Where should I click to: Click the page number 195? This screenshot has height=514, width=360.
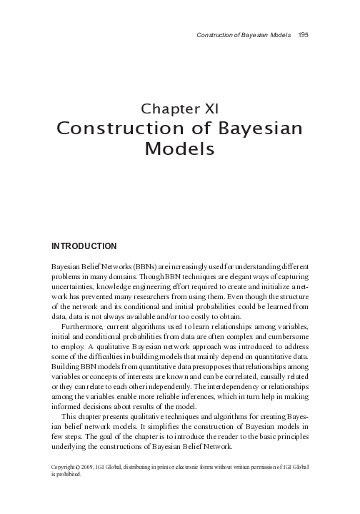(x=303, y=35)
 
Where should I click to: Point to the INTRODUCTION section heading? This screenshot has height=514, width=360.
(x=84, y=246)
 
